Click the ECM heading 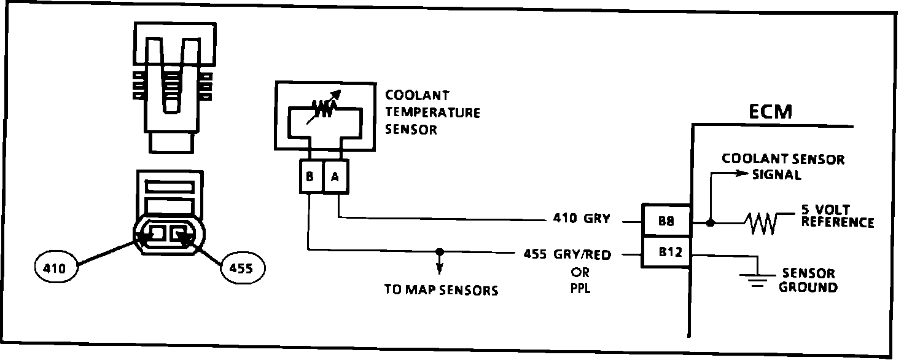click(771, 112)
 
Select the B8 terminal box click(666, 221)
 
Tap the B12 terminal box click(666, 252)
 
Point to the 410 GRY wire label click(581, 219)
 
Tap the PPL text click(580, 288)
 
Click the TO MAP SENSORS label click(441, 290)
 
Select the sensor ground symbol click(758, 279)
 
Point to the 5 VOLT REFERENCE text click(837, 216)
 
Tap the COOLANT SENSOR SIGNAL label click(782, 166)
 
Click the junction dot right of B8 click(711, 222)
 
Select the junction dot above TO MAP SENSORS click(438, 251)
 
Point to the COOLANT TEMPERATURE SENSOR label click(432, 112)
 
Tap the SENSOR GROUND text click(808, 280)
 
